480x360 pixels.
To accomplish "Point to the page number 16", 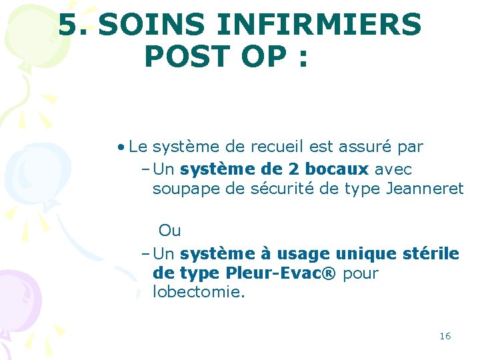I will [x=445, y=336].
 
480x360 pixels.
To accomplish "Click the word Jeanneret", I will [x=425, y=189].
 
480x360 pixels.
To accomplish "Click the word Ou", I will [x=169, y=231].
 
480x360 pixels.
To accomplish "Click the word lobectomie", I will [x=199, y=292].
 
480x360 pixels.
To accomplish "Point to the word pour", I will [x=361, y=273].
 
